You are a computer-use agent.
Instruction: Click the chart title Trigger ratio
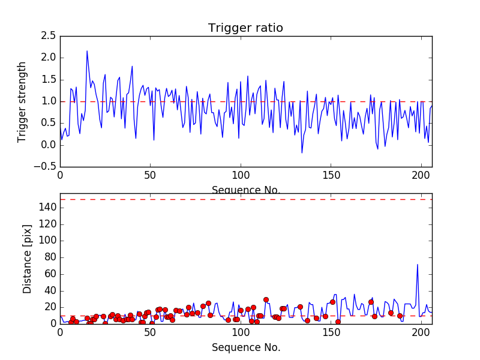tap(245, 28)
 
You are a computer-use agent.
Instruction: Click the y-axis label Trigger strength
tap(22, 101)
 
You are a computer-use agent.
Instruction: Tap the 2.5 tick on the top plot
tap(49, 36)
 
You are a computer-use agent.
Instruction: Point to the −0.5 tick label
tap(46, 167)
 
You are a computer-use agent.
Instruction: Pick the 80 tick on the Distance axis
tap(50, 257)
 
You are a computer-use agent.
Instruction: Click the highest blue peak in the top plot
tap(87, 51)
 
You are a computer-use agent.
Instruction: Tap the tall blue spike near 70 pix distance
tap(418, 265)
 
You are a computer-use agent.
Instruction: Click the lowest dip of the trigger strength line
tap(302, 152)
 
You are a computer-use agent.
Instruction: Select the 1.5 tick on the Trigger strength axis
tap(49, 80)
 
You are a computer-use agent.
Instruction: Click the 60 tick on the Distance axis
tap(50, 274)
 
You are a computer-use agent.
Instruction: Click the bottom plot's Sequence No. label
tap(246, 347)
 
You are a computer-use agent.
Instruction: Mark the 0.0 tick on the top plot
tap(49, 145)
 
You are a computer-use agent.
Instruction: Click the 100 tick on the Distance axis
tap(47, 241)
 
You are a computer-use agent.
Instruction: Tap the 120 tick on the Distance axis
tap(47, 224)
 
